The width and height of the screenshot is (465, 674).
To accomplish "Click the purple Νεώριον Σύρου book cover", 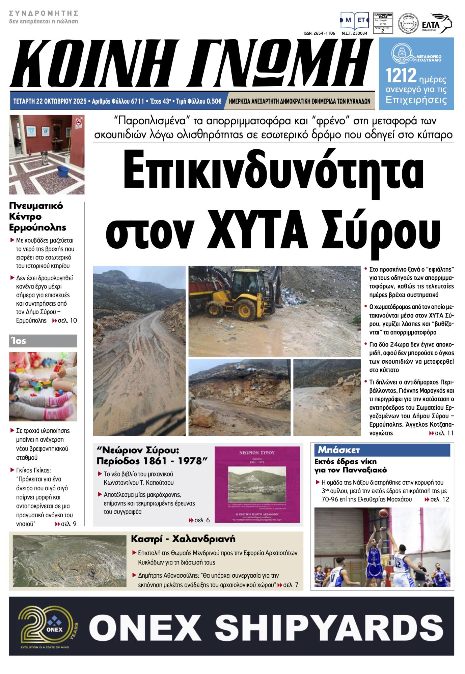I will point(257,484).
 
